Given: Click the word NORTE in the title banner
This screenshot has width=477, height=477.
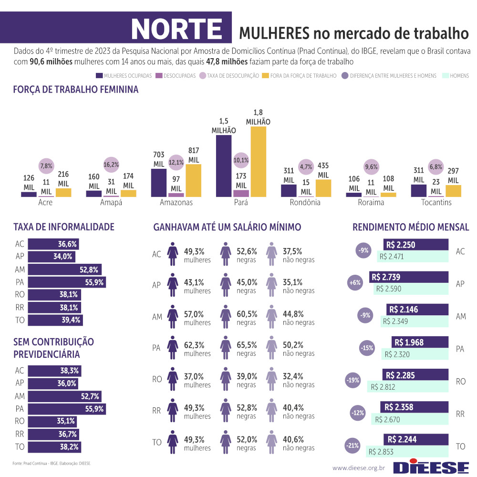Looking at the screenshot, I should pyautogui.click(x=176, y=29).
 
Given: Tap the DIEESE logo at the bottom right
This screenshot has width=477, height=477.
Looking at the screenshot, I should pyautogui.click(x=431, y=467).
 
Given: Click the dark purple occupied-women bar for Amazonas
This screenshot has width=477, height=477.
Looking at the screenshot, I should pyautogui.click(x=158, y=183).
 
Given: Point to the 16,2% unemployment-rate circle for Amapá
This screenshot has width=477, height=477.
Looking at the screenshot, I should pyautogui.click(x=111, y=165).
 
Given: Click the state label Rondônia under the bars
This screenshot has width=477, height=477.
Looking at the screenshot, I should pyautogui.click(x=306, y=203).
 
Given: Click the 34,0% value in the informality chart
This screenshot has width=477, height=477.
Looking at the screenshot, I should pyautogui.click(x=65, y=257).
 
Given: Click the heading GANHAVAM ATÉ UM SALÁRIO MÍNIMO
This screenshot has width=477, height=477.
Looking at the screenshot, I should pyautogui.click(x=227, y=228).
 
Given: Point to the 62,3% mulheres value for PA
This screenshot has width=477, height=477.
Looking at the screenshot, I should pyautogui.click(x=194, y=345).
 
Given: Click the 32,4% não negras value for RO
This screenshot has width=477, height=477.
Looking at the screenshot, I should pyautogui.click(x=292, y=376).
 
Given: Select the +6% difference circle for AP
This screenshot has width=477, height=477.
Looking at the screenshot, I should pyautogui.click(x=355, y=283).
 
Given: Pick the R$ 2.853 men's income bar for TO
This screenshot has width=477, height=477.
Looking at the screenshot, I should pyautogui.click(x=407, y=452).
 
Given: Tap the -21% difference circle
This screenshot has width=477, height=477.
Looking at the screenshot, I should pyautogui.click(x=353, y=446).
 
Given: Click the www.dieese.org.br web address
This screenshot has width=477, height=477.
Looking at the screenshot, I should pyautogui.click(x=358, y=468).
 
